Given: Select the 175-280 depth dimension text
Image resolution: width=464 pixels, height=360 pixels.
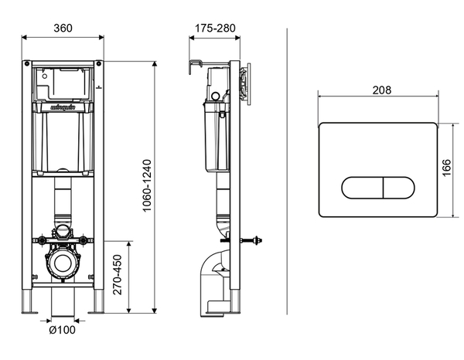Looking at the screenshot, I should coord(216,28).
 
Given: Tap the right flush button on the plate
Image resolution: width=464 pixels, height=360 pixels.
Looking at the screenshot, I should coord(396,188).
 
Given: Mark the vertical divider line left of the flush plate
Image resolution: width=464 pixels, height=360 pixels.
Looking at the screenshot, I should coord(287,170).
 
